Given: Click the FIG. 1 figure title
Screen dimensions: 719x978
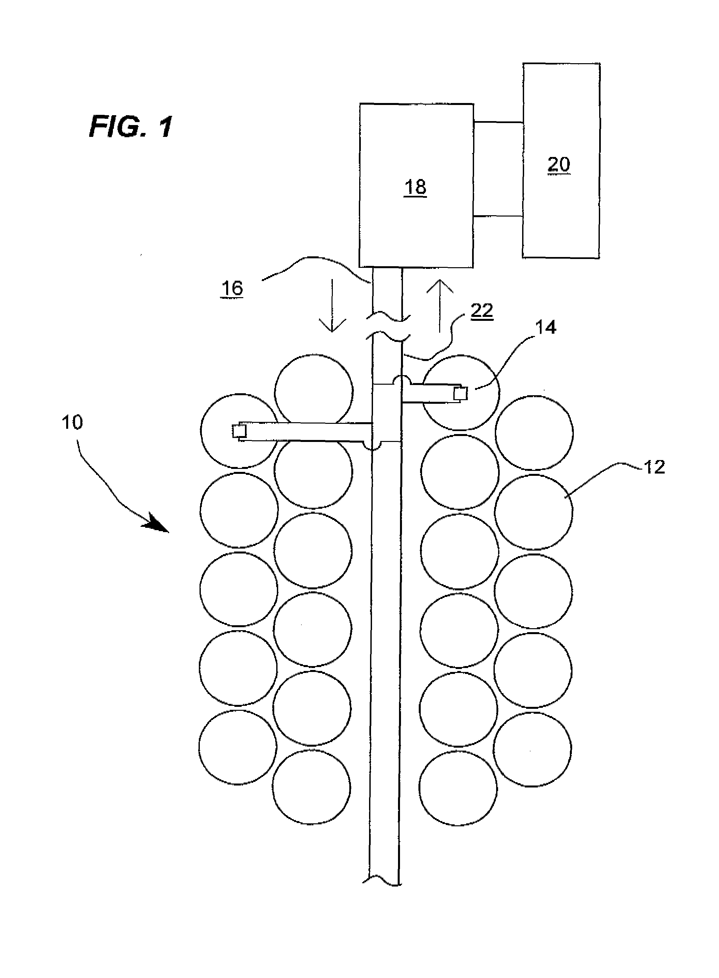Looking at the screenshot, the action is click(x=131, y=127).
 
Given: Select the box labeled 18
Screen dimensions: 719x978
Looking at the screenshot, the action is click(x=416, y=185).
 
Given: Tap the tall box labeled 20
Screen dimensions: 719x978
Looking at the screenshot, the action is click(x=561, y=161).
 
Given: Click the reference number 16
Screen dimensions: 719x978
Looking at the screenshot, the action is click(x=232, y=289).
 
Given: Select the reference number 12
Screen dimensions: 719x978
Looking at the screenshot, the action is click(x=654, y=467).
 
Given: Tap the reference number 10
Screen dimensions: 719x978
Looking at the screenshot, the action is click(x=72, y=423).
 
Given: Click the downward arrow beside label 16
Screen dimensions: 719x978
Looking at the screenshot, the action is click(x=333, y=306).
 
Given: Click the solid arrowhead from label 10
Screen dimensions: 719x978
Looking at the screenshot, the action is click(x=156, y=523).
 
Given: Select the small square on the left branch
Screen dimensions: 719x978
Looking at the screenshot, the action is click(x=239, y=431).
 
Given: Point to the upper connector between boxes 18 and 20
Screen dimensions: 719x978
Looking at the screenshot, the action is click(x=498, y=123).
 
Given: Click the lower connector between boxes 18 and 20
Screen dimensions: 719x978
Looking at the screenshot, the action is click(x=498, y=216).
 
